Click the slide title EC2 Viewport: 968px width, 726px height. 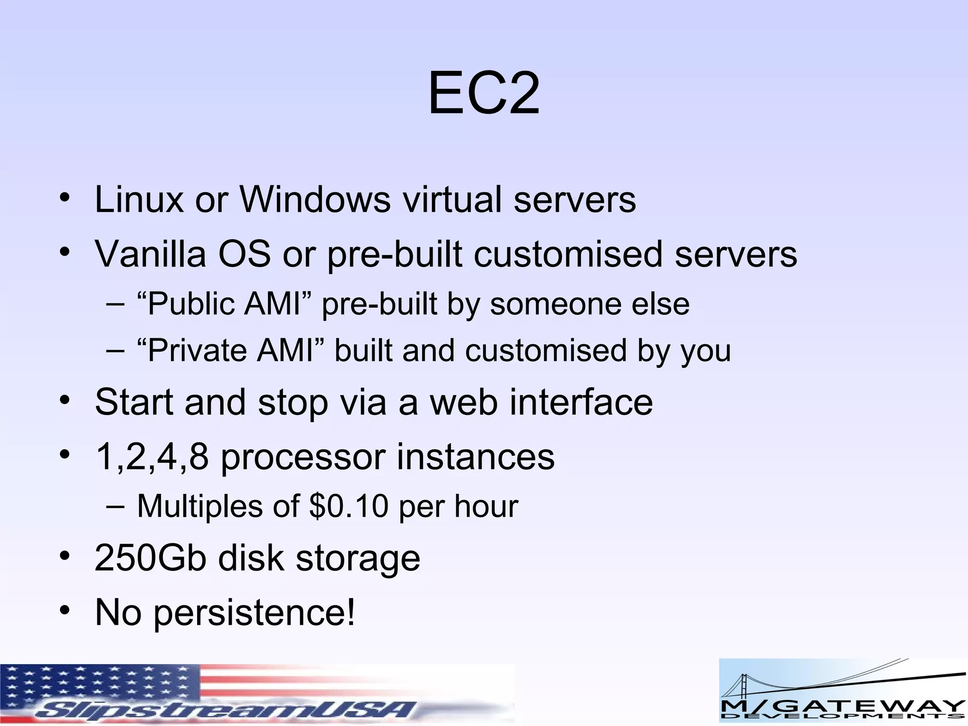pos(484,94)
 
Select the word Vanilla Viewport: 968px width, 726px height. pos(150,254)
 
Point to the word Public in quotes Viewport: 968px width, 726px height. pos(191,304)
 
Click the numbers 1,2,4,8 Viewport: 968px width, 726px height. pos(152,457)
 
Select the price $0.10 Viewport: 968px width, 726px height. pos(349,506)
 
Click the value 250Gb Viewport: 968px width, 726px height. pos(150,558)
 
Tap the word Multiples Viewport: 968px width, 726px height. pos(199,506)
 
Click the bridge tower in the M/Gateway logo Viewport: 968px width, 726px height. pos(738,690)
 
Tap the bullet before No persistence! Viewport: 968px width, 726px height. pos(65,610)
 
